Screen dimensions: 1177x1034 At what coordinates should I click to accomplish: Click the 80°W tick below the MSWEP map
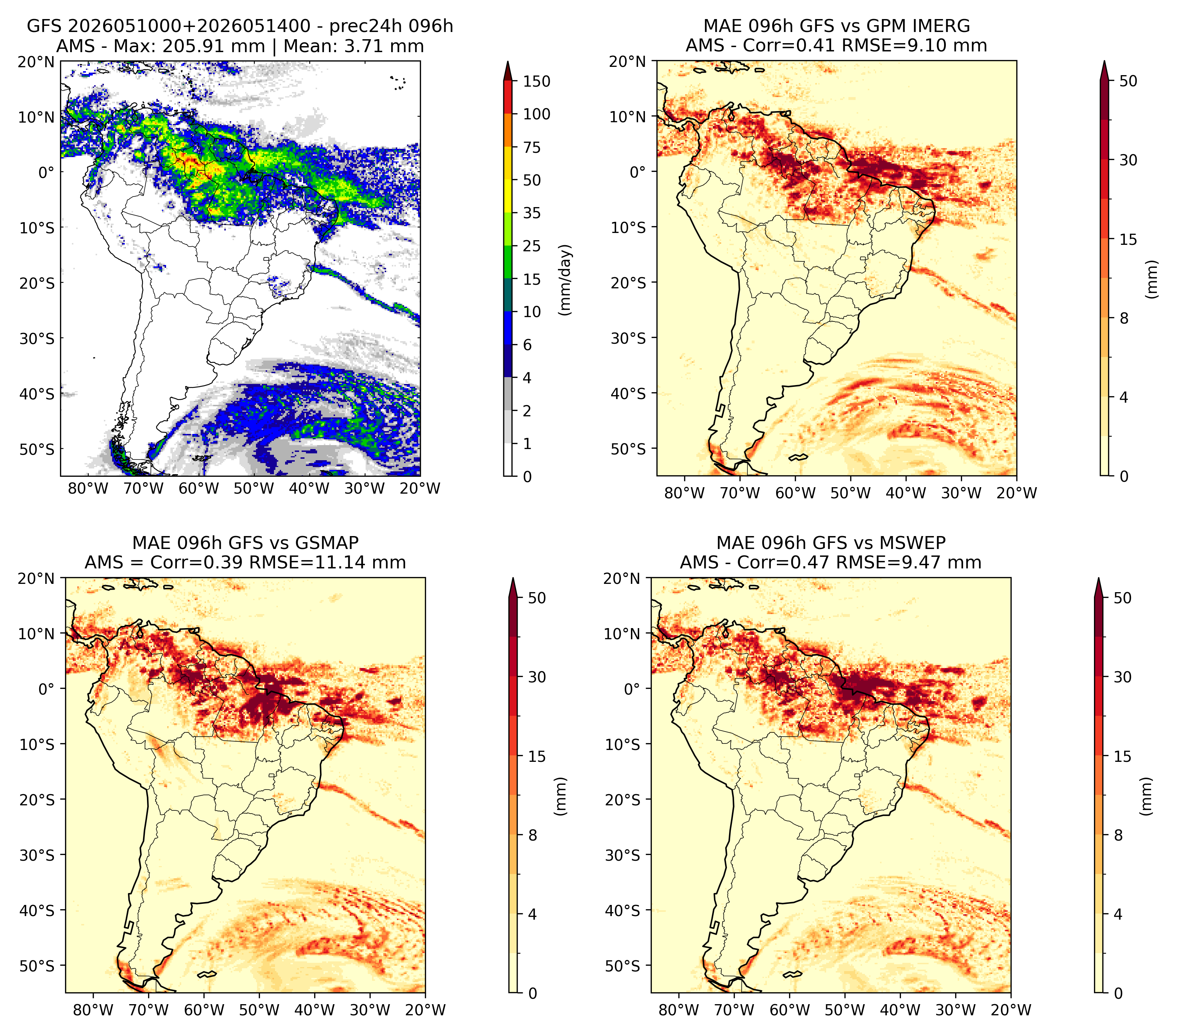679,1010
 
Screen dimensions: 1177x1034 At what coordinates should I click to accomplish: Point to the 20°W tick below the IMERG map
1017,493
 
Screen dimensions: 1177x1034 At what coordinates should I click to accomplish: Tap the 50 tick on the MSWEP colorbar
1123,598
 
